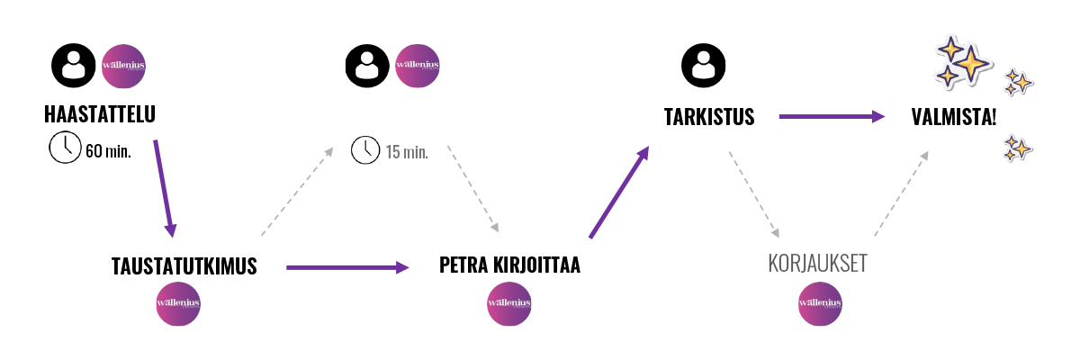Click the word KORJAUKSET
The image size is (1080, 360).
[816, 264]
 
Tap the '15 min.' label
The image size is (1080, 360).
[407, 152]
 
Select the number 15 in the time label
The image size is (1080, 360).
[392, 152]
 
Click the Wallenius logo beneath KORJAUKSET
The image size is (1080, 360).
[820, 303]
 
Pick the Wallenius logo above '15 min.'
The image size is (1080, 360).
[417, 66]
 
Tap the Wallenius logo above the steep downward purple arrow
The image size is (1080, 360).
[123, 66]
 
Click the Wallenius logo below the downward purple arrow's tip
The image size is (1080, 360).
[178, 303]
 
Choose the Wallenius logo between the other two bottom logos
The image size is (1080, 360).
[508, 303]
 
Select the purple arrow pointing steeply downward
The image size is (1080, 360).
[164, 188]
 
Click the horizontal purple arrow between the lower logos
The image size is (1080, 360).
[347, 266]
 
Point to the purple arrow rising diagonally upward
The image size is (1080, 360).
[619, 193]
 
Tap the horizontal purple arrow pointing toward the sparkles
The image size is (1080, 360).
[832, 116]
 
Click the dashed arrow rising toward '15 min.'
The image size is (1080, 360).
[298, 191]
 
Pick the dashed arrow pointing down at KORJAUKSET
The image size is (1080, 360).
[753, 193]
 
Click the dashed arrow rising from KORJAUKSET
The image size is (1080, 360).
[901, 193]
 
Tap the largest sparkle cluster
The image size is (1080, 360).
[960, 61]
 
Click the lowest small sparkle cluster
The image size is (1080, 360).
[1017, 148]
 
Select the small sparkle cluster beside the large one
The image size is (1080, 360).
[1017, 82]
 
